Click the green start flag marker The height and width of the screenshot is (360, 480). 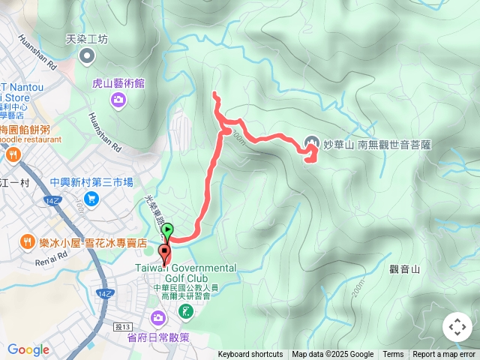click(168, 231)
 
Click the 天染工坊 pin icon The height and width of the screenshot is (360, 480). click(88, 55)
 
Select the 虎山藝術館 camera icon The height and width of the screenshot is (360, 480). click(118, 100)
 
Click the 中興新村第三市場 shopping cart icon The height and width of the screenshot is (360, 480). click(91, 198)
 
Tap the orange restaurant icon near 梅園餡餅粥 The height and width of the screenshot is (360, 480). click(12, 155)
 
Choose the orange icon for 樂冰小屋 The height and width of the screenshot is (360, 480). click(27, 241)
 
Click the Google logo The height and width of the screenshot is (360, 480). click(28, 349)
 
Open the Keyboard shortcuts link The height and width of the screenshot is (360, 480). click(250, 355)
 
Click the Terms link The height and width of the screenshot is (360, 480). click(393, 355)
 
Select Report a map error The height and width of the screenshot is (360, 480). click(444, 355)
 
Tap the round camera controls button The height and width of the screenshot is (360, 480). click(457, 327)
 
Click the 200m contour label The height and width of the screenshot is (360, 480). click(356, 287)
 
